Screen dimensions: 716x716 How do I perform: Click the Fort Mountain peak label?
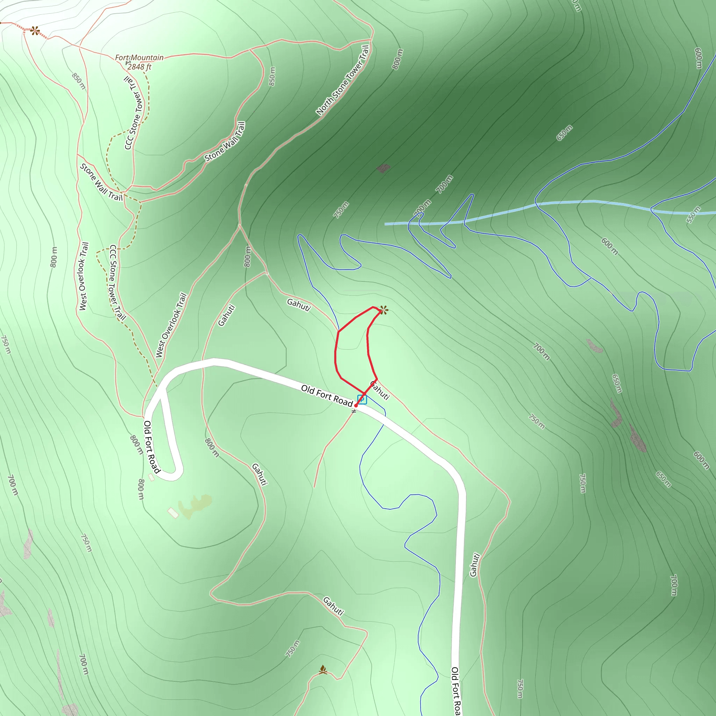139,58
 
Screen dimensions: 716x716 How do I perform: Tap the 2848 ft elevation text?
139,67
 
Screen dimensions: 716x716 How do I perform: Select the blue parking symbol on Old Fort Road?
362,400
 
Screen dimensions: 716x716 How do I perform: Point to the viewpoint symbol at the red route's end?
384,310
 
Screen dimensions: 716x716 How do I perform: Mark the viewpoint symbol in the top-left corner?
35,31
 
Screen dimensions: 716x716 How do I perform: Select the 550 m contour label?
693,215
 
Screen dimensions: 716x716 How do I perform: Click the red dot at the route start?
356,406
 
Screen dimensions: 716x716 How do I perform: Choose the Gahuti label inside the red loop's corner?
380,391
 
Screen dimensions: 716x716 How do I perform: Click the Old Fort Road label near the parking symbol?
327,395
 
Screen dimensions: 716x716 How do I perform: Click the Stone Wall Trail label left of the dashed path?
101,182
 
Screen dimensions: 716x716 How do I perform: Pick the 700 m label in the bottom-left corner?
84,664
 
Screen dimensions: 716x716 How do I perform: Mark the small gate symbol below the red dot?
354,411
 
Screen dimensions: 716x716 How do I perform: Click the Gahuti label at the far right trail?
474,565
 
